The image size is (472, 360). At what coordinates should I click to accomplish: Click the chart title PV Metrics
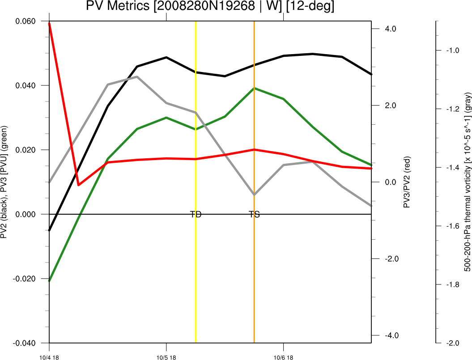point(210,6)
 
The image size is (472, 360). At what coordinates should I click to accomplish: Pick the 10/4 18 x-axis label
point(49,357)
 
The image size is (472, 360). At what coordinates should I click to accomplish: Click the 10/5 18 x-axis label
point(166,357)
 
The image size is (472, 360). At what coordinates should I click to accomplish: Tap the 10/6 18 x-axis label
point(283,357)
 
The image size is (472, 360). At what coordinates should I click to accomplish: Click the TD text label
point(196,214)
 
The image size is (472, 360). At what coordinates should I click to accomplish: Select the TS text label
point(254,214)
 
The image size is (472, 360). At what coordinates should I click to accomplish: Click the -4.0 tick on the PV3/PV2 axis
point(386,335)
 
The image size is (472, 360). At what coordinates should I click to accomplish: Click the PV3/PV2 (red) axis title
point(407,182)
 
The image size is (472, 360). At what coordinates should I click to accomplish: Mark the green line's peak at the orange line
point(254,88)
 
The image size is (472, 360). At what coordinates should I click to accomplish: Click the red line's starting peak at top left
point(49,23)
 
